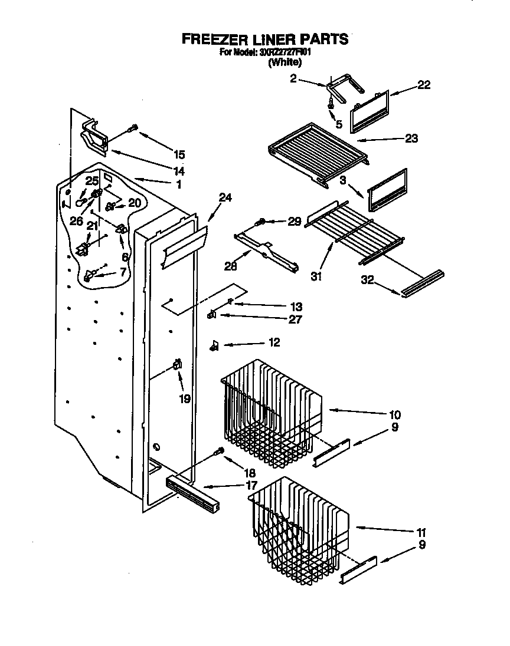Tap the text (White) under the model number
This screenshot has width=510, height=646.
(x=284, y=63)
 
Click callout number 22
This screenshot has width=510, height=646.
(x=423, y=85)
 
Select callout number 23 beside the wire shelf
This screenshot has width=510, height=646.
(x=411, y=139)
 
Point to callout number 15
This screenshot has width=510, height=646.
(x=179, y=155)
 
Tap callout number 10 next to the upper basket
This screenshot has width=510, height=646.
(x=395, y=414)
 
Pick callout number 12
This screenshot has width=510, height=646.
(x=273, y=342)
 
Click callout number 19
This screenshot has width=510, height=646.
(x=185, y=399)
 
